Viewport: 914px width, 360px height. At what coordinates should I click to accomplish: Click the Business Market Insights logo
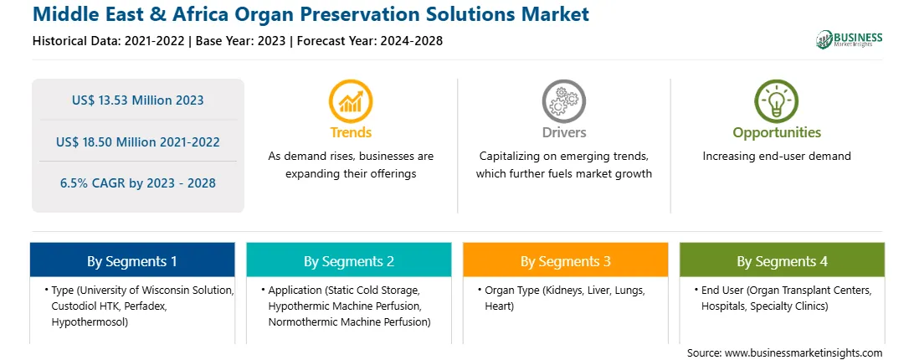pos(849,39)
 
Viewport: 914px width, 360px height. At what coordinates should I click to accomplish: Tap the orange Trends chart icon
pos(351,101)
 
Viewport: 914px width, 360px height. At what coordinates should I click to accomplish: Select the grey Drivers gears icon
pos(563,101)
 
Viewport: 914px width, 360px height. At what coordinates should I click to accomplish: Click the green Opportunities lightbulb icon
pos(777,101)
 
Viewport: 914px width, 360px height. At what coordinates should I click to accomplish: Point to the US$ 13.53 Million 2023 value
pos(138,100)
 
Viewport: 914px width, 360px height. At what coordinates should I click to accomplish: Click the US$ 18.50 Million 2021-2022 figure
pos(138,141)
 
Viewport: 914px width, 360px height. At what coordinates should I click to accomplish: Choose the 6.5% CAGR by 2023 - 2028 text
pos(138,183)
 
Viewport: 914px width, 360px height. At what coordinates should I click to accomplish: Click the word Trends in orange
pos(351,132)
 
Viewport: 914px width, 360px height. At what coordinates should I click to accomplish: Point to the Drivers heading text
pos(563,132)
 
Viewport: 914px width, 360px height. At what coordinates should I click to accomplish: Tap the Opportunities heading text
pos(777,133)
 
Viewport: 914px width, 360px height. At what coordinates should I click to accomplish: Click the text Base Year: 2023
pos(241,41)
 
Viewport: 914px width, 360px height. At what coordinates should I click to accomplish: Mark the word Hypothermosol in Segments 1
pos(90,321)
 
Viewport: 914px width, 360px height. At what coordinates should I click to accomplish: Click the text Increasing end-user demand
pos(777,157)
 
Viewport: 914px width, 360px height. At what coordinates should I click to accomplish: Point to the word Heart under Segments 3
pos(499,306)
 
